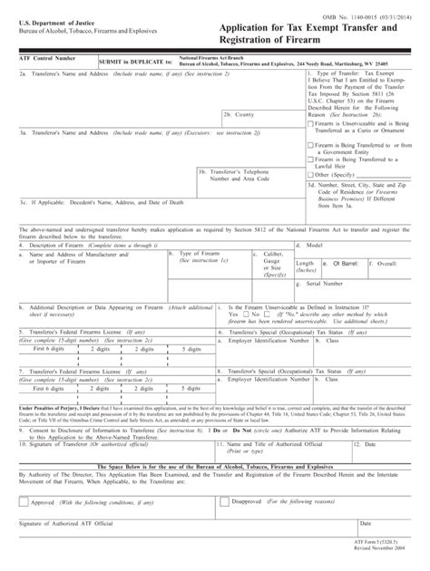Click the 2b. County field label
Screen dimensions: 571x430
coord(238,116)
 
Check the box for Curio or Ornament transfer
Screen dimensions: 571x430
coord(310,123)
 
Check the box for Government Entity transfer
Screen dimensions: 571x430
coord(310,142)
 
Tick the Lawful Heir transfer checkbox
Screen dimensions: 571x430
coord(310,157)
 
